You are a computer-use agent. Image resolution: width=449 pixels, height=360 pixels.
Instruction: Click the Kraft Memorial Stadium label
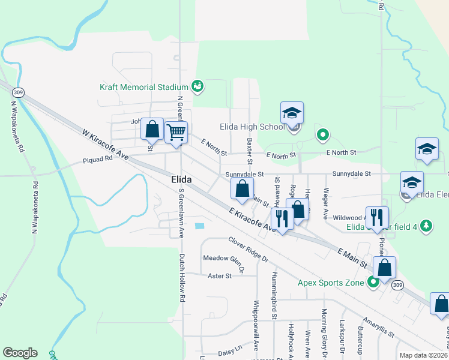144,87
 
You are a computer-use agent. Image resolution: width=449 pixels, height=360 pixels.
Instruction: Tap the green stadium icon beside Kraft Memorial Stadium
197,87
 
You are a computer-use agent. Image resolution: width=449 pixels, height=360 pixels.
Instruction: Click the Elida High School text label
256,127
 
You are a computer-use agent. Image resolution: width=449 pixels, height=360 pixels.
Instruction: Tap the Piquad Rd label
98,160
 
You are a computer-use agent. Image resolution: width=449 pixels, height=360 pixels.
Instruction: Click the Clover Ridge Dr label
248,249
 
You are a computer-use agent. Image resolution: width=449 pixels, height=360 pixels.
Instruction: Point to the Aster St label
219,276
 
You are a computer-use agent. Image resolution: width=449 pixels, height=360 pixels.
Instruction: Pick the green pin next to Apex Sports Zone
373,281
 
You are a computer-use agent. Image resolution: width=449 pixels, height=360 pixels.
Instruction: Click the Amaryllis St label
378,328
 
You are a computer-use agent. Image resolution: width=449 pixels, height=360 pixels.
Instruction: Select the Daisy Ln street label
230,348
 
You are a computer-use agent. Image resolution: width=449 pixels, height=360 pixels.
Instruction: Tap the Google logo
20,353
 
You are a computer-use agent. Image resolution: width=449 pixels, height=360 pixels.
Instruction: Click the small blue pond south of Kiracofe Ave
199,226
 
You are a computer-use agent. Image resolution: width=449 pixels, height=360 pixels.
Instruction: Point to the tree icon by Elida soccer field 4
426,226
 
